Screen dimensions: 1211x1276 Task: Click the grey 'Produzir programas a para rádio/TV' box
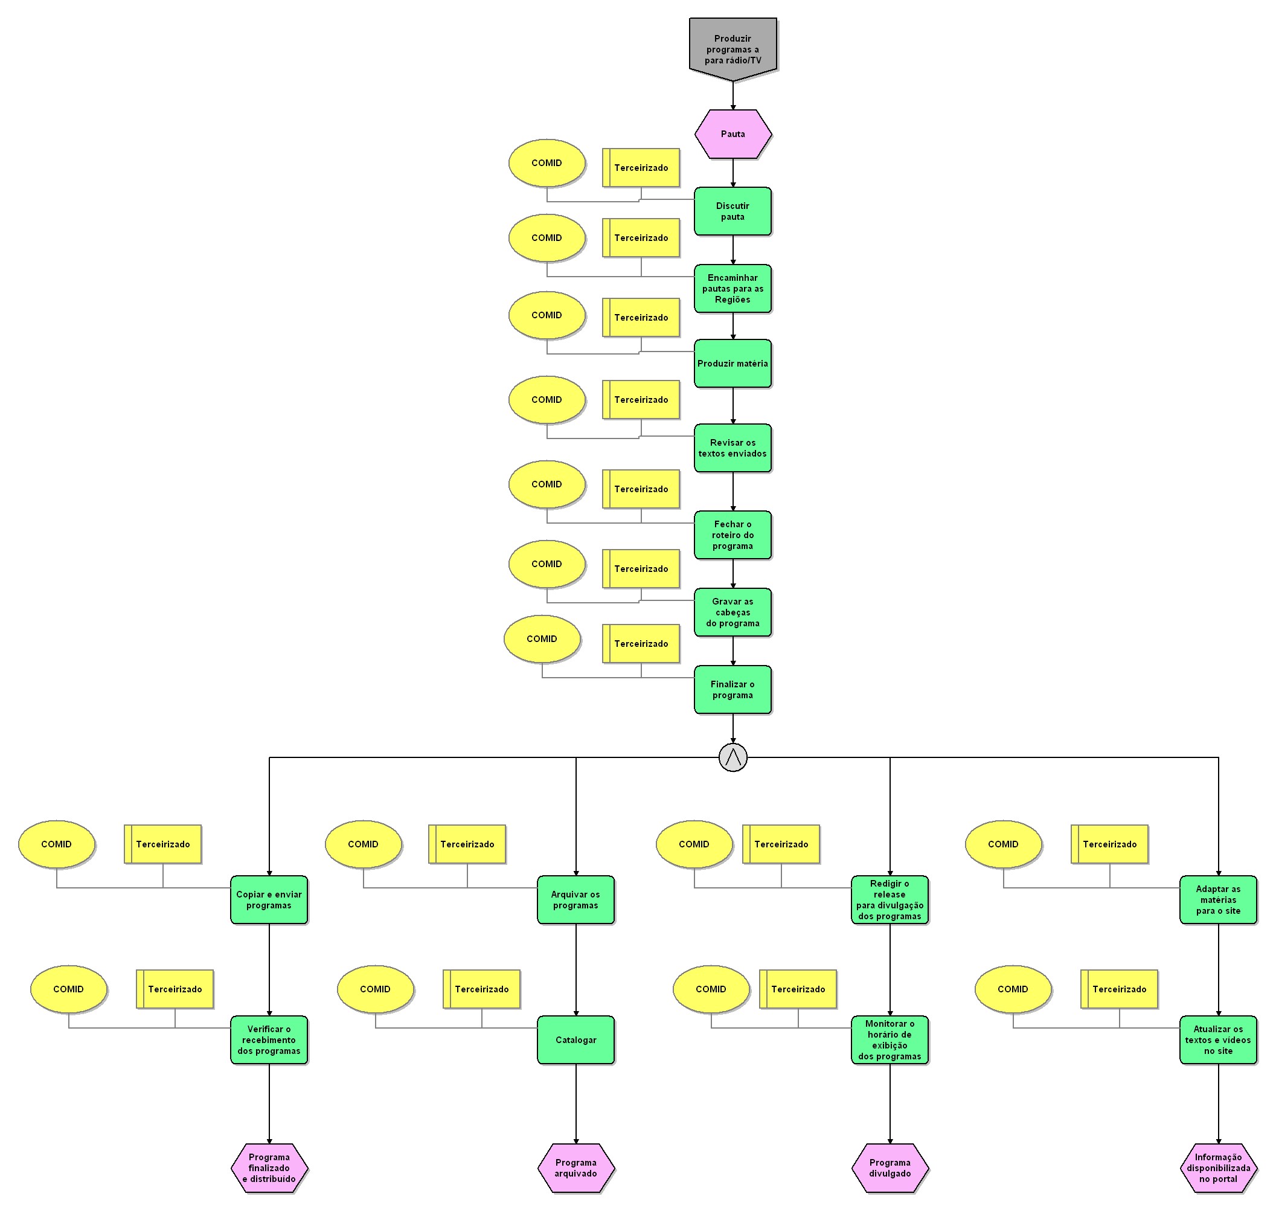click(733, 48)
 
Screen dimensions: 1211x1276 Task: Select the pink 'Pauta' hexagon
click(733, 134)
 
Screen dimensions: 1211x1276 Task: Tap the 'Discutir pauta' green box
click(733, 211)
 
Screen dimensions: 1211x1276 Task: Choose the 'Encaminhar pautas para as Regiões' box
click(733, 289)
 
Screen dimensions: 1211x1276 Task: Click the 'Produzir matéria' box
click(733, 364)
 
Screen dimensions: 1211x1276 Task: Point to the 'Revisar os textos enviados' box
click(733, 448)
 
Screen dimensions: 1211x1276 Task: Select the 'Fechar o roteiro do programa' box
click(733, 535)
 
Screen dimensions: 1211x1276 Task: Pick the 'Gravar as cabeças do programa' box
click(733, 612)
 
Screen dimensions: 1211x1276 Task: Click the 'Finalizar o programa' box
click(733, 689)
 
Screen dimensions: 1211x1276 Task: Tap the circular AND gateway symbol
click(733, 757)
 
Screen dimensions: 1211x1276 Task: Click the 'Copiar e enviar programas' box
click(269, 900)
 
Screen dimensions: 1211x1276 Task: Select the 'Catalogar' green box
click(575, 1040)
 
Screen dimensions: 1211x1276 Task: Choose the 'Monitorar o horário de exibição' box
click(890, 1040)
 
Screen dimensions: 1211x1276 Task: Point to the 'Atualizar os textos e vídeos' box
click(1218, 1040)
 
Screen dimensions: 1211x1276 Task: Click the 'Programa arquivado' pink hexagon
click(575, 1168)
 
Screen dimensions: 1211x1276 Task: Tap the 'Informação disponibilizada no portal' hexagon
click(1218, 1168)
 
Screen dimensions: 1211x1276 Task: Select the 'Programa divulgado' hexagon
click(890, 1168)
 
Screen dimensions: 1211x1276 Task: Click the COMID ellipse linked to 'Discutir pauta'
click(547, 163)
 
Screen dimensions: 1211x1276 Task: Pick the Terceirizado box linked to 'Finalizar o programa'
click(641, 644)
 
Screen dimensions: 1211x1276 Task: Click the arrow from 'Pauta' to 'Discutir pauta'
click(733, 173)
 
